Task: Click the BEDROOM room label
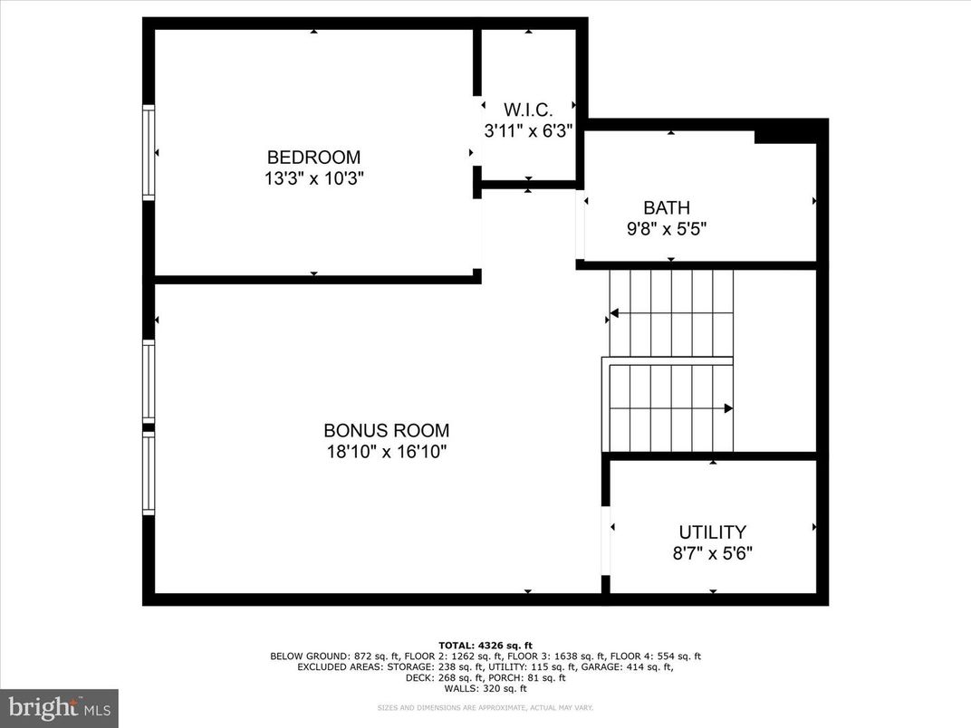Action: pos(313,157)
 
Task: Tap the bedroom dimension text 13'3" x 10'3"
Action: pos(313,178)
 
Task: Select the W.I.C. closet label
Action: pos(527,110)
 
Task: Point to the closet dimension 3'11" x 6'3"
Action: pos(527,130)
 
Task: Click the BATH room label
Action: pos(667,208)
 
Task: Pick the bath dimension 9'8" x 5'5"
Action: pos(667,229)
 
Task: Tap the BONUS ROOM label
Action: pos(387,431)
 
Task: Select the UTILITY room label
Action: pos(713,532)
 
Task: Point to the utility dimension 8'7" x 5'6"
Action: pos(713,553)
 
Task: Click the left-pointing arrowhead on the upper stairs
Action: pos(614,313)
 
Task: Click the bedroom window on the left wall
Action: pos(149,152)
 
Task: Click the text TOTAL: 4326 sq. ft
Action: pos(485,646)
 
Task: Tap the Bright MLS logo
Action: pos(59,704)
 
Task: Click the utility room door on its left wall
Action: pos(606,541)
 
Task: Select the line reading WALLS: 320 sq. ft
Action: pos(485,687)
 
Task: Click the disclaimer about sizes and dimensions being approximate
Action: pos(485,708)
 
